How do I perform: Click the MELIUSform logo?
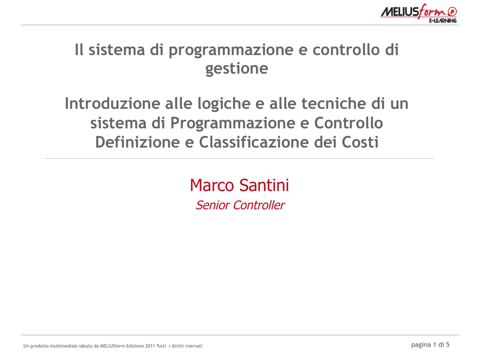419,13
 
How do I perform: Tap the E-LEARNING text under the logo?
442,21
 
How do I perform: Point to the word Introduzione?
112,103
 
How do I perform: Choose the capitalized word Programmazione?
233,123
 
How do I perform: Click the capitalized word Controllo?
348,123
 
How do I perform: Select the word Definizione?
137,142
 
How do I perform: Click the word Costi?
360,142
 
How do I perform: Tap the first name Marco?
212,185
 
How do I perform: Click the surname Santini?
264,185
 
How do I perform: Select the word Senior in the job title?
213,205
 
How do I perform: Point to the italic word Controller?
259,205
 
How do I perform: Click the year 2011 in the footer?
150,346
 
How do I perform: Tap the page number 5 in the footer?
448,345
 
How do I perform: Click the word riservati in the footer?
194,346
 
